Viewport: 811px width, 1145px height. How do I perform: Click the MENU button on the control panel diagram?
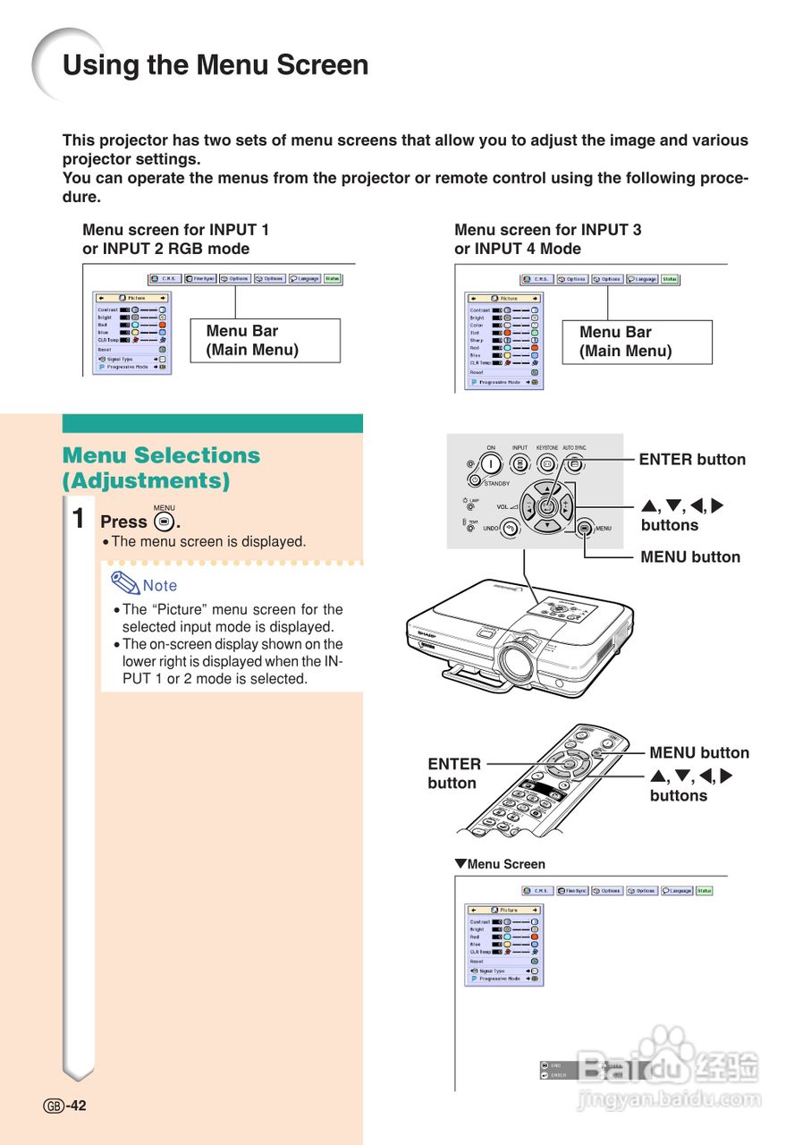point(585,528)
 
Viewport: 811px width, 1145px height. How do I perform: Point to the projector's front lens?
point(516,661)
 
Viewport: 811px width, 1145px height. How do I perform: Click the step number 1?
point(79,519)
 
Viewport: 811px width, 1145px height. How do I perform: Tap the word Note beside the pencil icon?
point(160,586)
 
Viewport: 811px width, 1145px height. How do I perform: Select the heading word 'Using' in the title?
point(98,65)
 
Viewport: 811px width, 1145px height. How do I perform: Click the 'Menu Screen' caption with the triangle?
point(500,864)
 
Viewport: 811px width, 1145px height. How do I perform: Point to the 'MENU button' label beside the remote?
point(698,753)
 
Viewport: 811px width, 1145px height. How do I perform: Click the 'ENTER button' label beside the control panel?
point(691,460)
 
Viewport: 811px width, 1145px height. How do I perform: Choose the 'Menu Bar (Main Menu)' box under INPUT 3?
point(636,342)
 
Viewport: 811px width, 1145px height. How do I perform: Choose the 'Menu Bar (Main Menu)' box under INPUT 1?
point(272,340)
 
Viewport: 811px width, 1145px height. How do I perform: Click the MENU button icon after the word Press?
point(163,521)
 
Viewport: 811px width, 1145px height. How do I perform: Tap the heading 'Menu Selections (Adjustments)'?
point(161,468)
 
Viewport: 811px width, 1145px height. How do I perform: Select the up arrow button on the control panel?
point(546,488)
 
